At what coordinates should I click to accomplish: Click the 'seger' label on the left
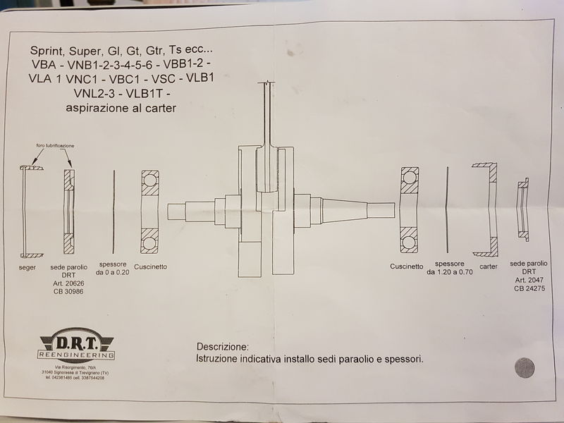click(x=28, y=269)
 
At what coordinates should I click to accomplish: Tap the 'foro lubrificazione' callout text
click(x=56, y=145)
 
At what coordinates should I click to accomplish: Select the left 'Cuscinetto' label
click(x=149, y=267)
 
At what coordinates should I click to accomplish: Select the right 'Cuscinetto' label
click(x=406, y=266)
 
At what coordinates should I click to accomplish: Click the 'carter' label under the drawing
click(x=489, y=267)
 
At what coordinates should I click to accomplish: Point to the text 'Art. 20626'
click(x=68, y=284)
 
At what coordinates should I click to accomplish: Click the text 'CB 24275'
click(x=529, y=288)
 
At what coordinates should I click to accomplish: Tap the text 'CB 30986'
click(x=68, y=292)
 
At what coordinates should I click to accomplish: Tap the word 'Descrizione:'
click(x=222, y=348)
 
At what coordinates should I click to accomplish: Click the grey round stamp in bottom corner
click(x=525, y=367)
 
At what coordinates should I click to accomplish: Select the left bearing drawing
click(x=149, y=211)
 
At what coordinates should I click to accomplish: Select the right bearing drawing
click(x=410, y=210)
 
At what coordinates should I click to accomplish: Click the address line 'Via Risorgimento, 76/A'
click(x=68, y=368)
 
